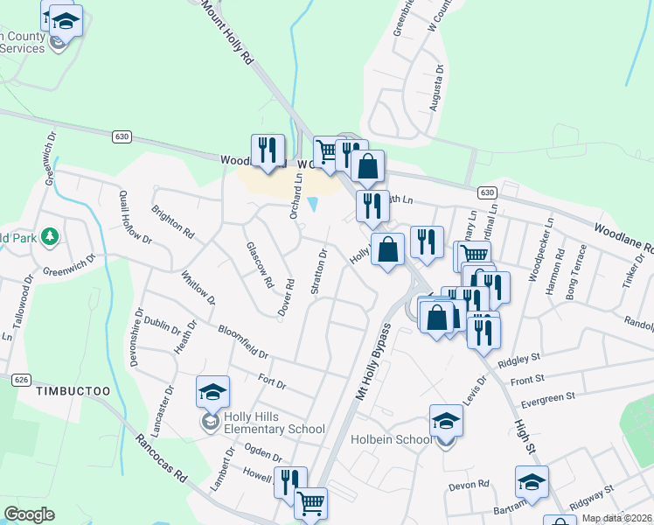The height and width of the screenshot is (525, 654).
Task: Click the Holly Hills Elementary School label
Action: pyautogui.click(x=275, y=423)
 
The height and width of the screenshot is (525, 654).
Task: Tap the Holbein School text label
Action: pyautogui.click(x=390, y=439)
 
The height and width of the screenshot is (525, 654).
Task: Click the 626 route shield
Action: pyautogui.click(x=23, y=380)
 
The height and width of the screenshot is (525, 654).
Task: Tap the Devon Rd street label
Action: pyautogui.click(x=470, y=485)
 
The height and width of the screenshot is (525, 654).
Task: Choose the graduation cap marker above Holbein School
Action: pyautogui.click(x=446, y=420)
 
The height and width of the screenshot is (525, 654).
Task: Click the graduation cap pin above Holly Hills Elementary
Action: pyautogui.click(x=212, y=392)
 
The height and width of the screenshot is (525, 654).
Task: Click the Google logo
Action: pyautogui.click(x=29, y=514)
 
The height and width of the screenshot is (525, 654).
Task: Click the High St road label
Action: pyautogui.click(x=522, y=435)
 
